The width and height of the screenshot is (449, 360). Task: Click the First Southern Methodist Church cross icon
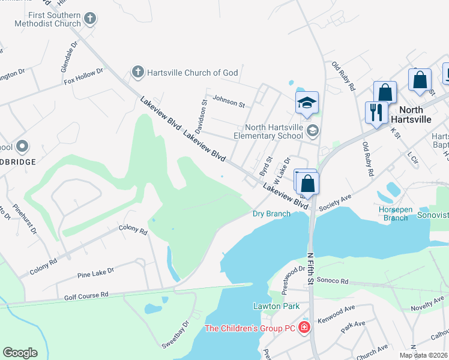click(90, 19)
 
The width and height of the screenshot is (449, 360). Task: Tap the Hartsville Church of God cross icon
click(137, 73)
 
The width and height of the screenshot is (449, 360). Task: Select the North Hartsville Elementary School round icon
click(312, 130)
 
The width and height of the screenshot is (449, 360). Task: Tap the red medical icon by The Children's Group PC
click(304, 328)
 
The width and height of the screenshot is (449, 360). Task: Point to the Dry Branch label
click(271, 213)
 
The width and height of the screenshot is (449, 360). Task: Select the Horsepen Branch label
click(395, 214)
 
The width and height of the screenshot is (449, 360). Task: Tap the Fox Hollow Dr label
click(83, 76)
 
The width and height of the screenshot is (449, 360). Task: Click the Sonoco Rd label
click(333, 280)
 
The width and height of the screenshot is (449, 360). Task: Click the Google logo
click(20, 352)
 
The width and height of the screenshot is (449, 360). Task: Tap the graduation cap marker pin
click(307, 103)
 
